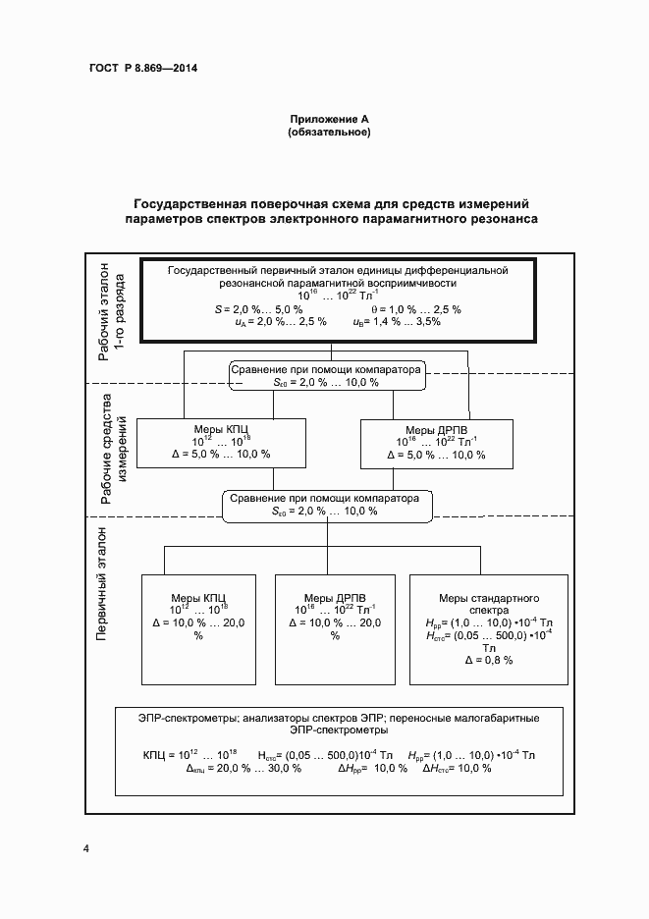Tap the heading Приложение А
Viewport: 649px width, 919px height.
pyautogui.click(x=328, y=119)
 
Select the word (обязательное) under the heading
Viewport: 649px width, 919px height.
pyautogui.click(x=328, y=132)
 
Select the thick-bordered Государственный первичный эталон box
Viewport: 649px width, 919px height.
pyautogui.click(x=337, y=299)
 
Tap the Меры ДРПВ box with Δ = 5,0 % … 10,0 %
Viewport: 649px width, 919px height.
pyautogui.click(x=435, y=442)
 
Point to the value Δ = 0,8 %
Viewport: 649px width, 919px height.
pyautogui.click(x=489, y=661)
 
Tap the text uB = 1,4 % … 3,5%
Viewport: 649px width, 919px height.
pyautogui.click(x=397, y=321)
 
